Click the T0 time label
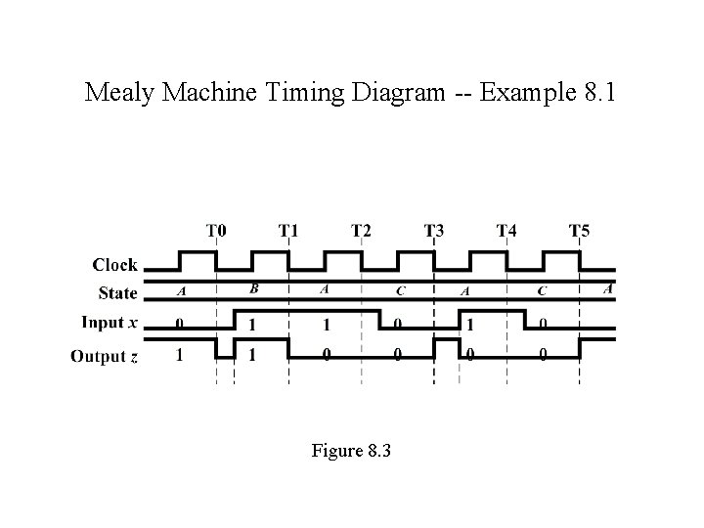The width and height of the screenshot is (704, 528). (x=217, y=232)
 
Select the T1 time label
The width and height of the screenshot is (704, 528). (x=289, y=232)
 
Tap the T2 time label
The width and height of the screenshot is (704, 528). (x=362, y=232)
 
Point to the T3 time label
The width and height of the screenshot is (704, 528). (x=434, y=232)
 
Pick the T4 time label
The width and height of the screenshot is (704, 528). (x=506, y=232)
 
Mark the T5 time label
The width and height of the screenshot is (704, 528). (x=579, y=232)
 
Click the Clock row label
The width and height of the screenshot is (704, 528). (x=115, y=265)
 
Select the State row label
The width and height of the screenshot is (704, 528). (x=118, y=292)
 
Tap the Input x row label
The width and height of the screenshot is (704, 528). (x=110, y=323)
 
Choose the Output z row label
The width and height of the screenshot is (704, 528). (x=104, y=355)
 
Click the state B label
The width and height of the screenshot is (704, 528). (x=254, y=288)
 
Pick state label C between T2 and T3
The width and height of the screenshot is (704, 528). (x=400, y=290)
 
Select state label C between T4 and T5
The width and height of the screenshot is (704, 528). (x=542, y=290)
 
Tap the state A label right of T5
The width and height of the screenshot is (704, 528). (x=608, y=288)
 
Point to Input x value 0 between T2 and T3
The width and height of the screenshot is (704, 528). (x=397, y=324)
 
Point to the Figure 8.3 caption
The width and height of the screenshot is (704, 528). (x=351, y=451)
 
